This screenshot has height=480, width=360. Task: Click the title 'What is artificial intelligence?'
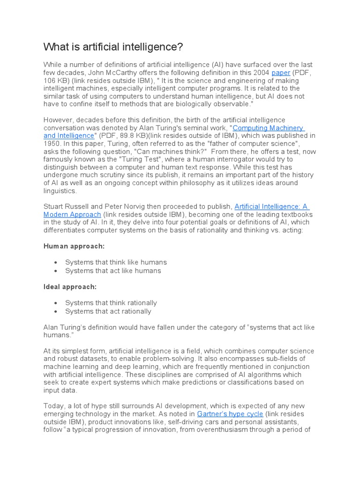[x=113, y=47]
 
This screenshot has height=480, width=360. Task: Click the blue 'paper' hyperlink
[x=281, y=73]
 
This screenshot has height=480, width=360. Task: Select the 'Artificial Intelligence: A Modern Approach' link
[x=271, y=206]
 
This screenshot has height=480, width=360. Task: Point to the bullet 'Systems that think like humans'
[x=116, y=262]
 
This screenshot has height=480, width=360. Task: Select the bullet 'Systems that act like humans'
[x=113, y=270]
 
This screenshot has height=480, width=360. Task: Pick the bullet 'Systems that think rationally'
[x=111, y=303]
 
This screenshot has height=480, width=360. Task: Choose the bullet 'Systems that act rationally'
[x=108, y=311]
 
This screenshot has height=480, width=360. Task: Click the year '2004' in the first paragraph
[x=261, y=73]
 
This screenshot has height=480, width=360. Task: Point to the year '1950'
[x=52, y=143]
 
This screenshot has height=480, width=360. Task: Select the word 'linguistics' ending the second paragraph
[x=59, y=191]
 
